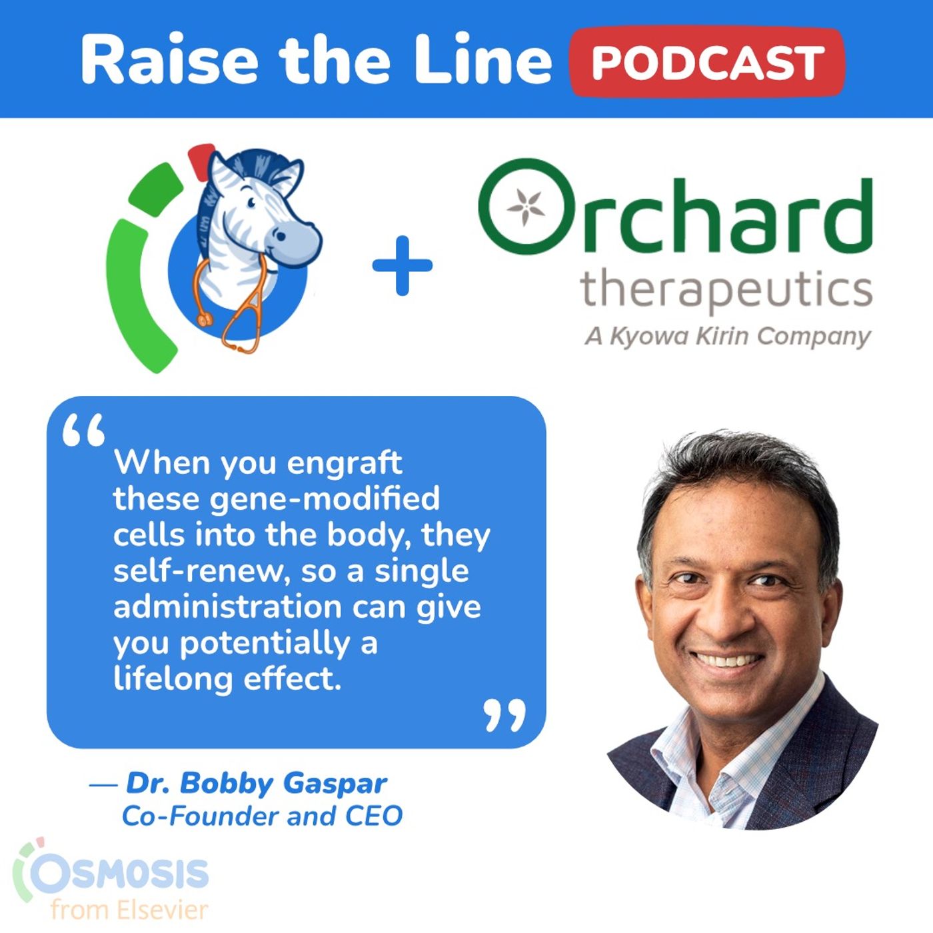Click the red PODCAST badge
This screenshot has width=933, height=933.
click(x=708, y=62)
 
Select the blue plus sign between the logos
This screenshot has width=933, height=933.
click(x=402, y=265)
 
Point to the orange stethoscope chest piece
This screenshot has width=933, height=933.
click(x=206, y=320)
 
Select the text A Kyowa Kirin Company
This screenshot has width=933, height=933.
click(x=728, y=337)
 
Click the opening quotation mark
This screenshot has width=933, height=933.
click(x=83, y=429)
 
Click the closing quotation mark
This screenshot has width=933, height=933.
click(x=504, y=714)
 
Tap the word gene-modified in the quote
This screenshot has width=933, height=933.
click(x=325, y=498)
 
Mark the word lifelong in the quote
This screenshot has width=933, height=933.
click(x=173, y=679)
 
